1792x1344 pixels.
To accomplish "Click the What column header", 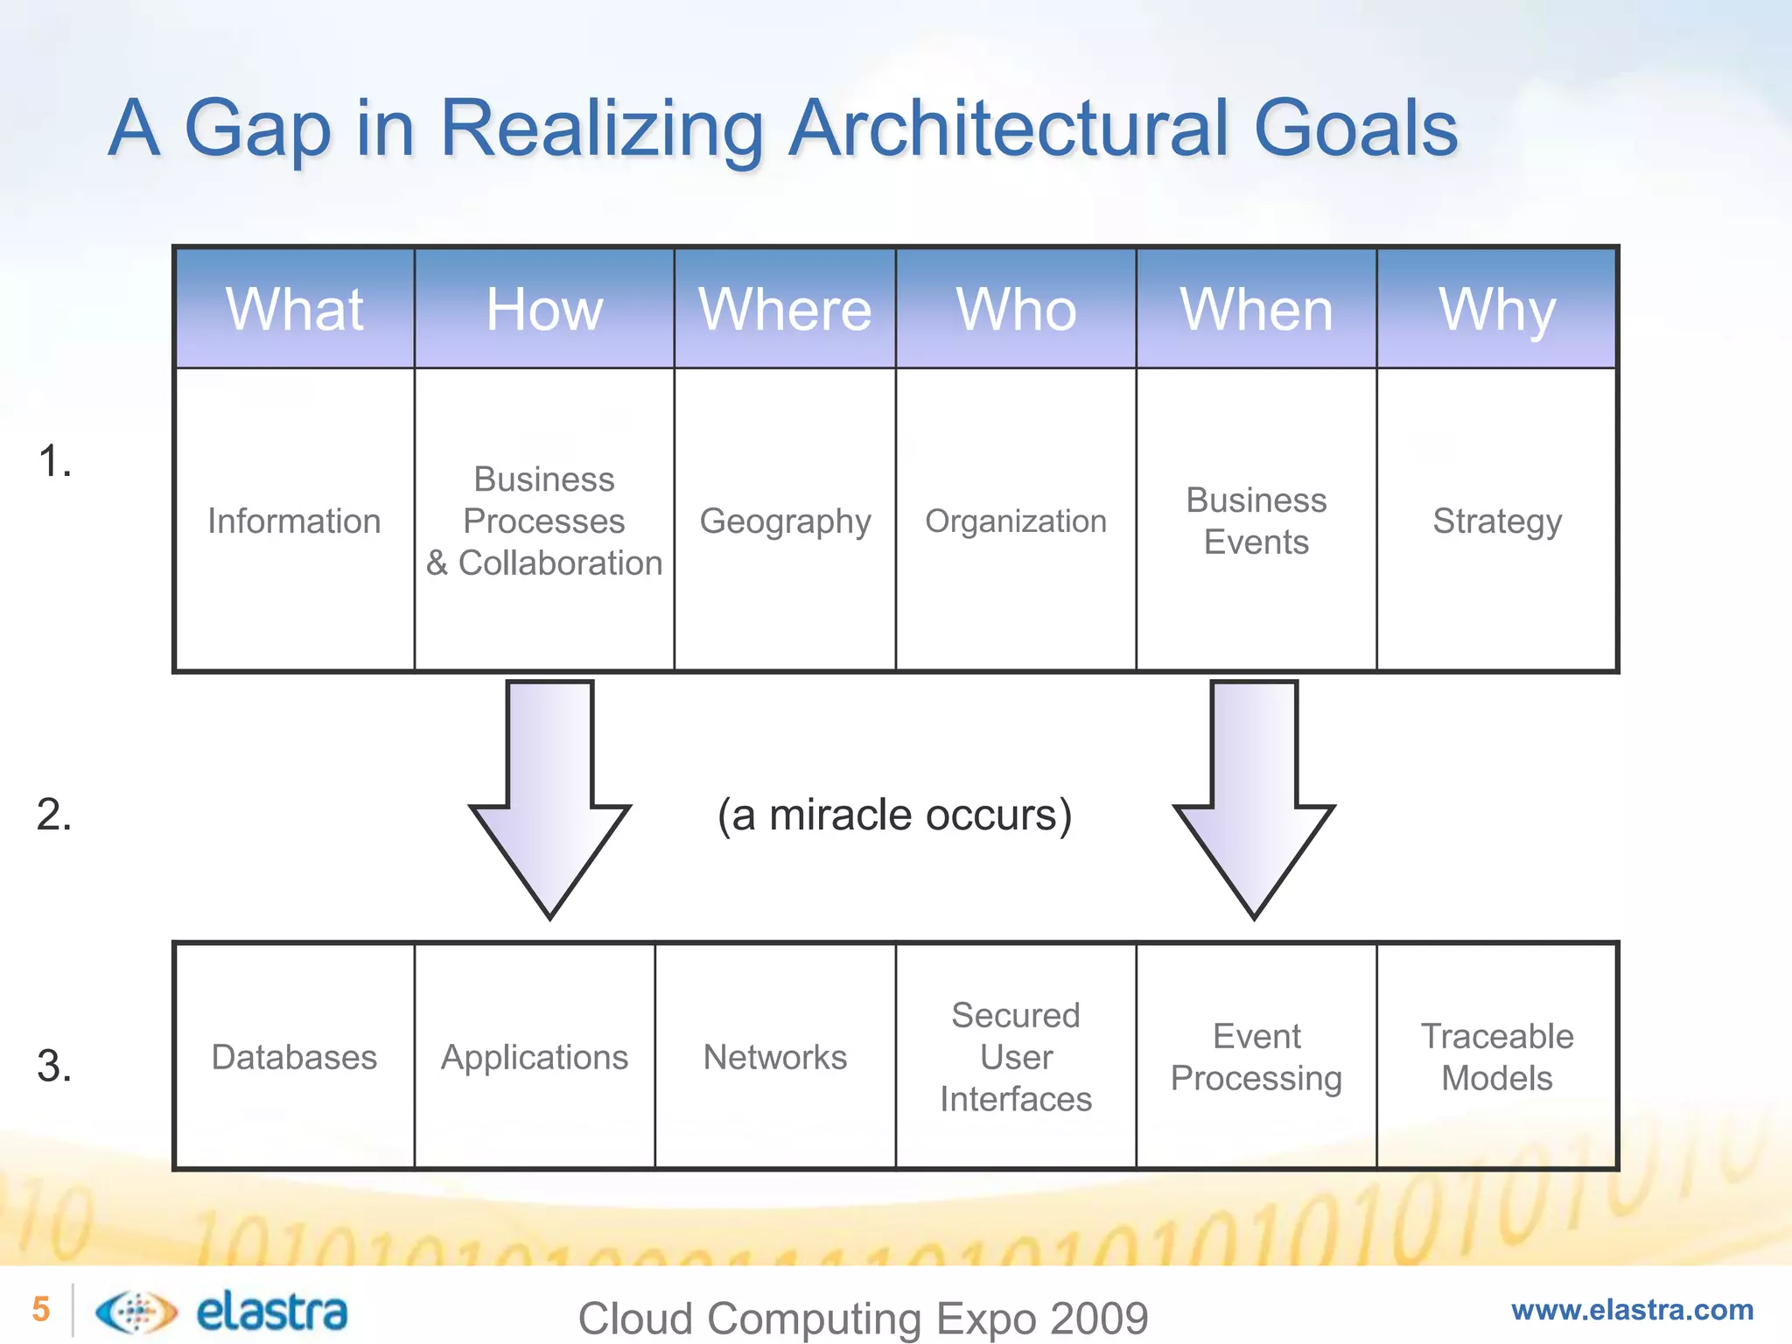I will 295,309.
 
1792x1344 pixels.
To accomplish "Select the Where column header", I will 785,309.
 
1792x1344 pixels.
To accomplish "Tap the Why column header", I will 1497,309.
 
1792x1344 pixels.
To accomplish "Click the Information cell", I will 295,521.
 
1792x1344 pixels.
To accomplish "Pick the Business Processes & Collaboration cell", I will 544,521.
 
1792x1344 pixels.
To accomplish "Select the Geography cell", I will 785,521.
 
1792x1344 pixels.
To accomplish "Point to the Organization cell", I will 1016,521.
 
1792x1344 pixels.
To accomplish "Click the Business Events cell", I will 1256,521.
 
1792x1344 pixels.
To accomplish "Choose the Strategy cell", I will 1497,521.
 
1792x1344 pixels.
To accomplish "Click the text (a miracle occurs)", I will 894,815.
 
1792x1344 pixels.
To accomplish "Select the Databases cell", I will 295,1057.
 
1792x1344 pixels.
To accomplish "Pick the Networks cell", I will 775,1057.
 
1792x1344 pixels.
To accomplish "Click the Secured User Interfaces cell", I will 1016,1057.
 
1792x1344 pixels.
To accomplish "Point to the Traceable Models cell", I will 1497,1057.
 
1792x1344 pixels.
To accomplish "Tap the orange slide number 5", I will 41,1309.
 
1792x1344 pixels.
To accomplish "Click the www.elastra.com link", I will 1632,1310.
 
